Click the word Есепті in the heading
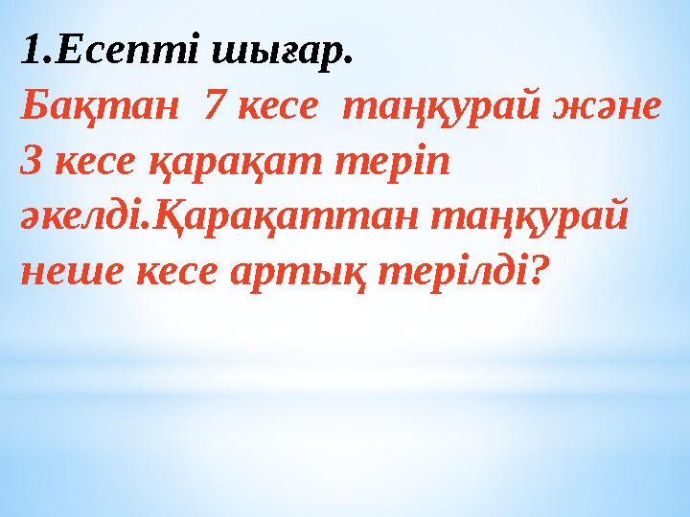(x=113, y=54)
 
